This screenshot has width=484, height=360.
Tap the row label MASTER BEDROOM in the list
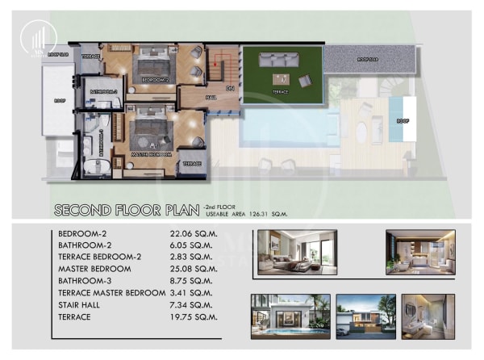94,268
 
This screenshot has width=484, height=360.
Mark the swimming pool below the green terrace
286,125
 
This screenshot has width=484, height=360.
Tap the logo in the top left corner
35,37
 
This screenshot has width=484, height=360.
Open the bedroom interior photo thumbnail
287,252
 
